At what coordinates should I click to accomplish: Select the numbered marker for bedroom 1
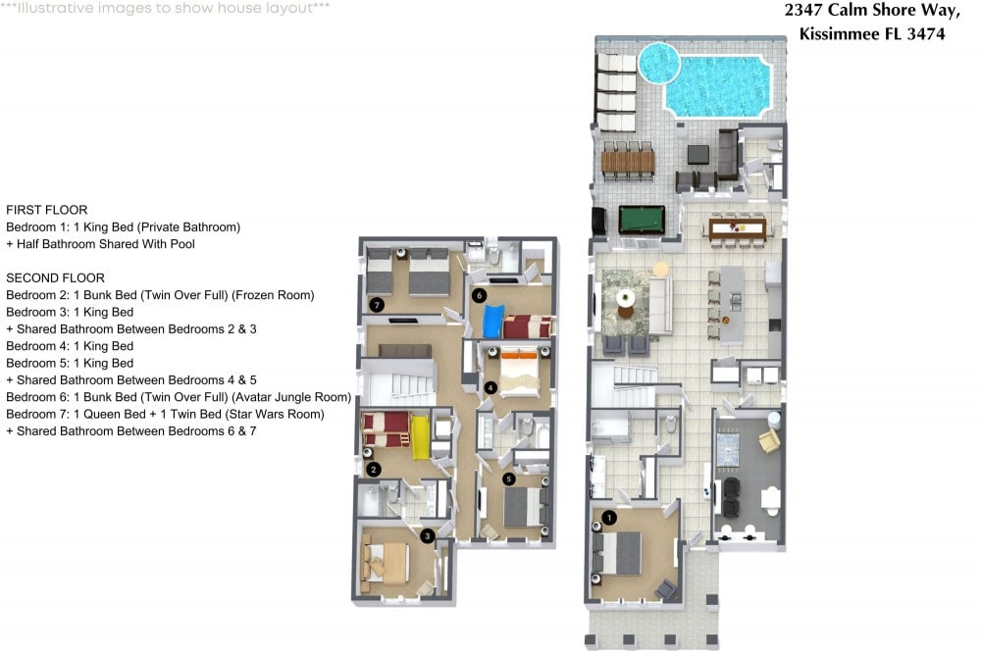pyautogui.click(x=609, y=517)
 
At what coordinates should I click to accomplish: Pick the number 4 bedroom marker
pyautogui.click(x=490, y=387)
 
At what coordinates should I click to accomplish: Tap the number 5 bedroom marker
pyautogui.click(x=508, y=478)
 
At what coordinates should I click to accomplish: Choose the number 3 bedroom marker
pyautogui.click(x=427, y=535)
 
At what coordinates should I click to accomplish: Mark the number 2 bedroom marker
pyautogui.click(x=374, y=469)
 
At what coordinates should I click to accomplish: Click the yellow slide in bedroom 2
pyautogui.click(x=419, y=436)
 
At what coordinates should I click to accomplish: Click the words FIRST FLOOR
pyautogui.click(x=47, y=210)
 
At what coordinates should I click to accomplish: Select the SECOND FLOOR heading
pyautogui.click(x=55, y=278)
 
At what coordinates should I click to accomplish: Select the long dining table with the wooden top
pyautogui.click(x=737, y=228)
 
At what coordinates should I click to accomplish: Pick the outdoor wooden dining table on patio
pyautogui.click(x=627, y=159)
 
